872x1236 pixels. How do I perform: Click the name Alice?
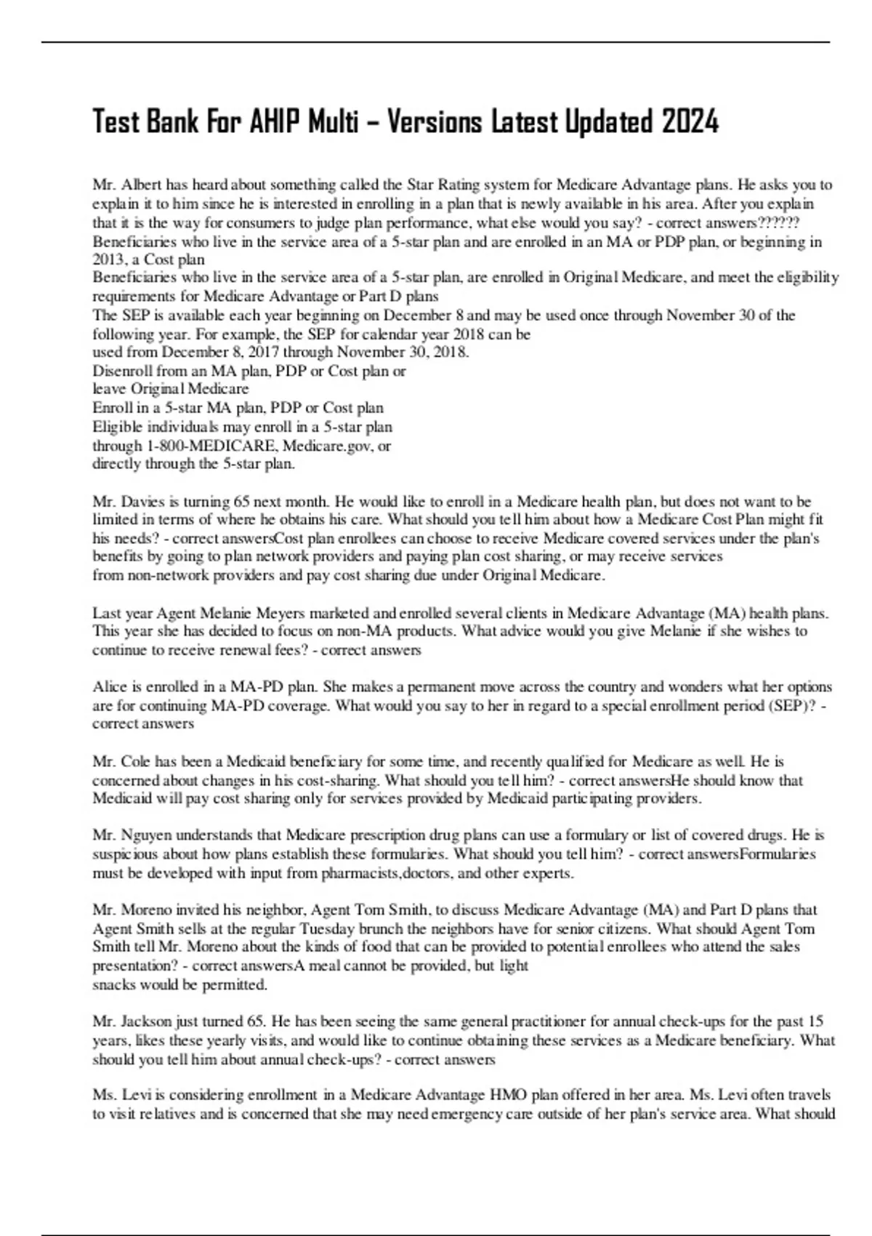(109, 686)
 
